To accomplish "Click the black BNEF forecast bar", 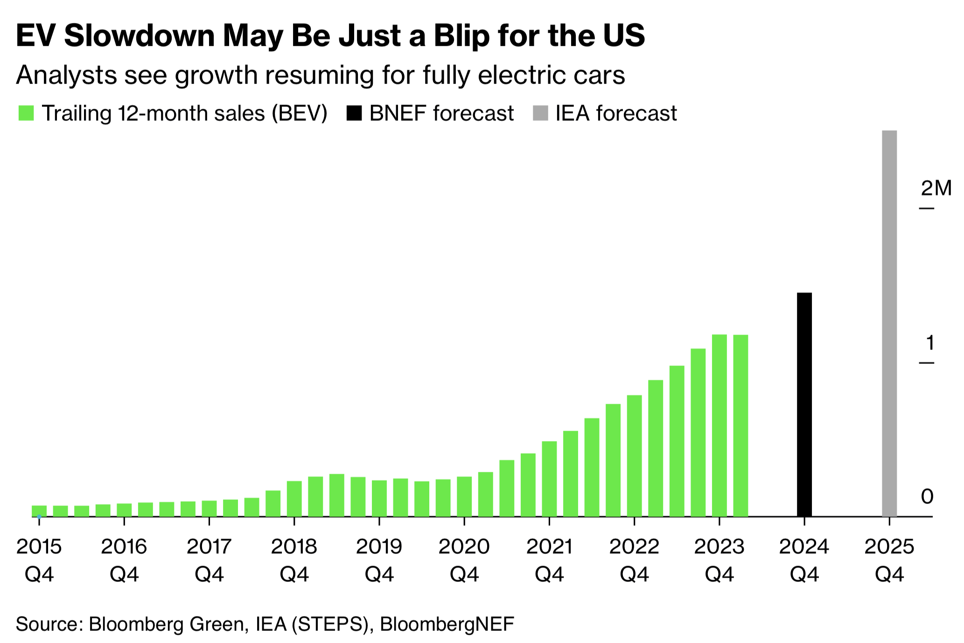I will pyautogui.click(x=804, y=404).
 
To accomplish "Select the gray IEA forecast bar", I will pyautogui.click(x=889, y=323).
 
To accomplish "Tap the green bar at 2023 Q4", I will pyautogui.click(x=719, y=425).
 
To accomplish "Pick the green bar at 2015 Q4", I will pyautogui.click(x=39, y=511).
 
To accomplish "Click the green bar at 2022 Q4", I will pyautogui.click(x=634, y=455).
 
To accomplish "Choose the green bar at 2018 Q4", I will pyautogui.click(x=294, y=498).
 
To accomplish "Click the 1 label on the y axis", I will pyautogui.click(x=930, y=343).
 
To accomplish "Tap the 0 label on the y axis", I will pyautogui.click(x=927, y=497).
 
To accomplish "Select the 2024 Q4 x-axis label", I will pyautogui.click(x=804, y=560).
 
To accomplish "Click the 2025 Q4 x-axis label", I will pyautogui.click(x=889, y=560).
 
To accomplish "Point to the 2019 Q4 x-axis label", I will pyautogui.click(x=379, y=560).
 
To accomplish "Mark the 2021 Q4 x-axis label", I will pyautogui.click(x=549, y=560).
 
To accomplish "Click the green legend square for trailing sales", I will pyautogui.click(x=26, y=113).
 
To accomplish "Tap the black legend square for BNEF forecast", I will pyautogui.click(x=354, y=113).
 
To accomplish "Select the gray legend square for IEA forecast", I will pyautogui.click(x=540, y=113).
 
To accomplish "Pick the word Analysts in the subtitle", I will pyautogui.click(x=66, y=75).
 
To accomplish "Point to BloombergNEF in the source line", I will pyautogui.click(x=447, y=624).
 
